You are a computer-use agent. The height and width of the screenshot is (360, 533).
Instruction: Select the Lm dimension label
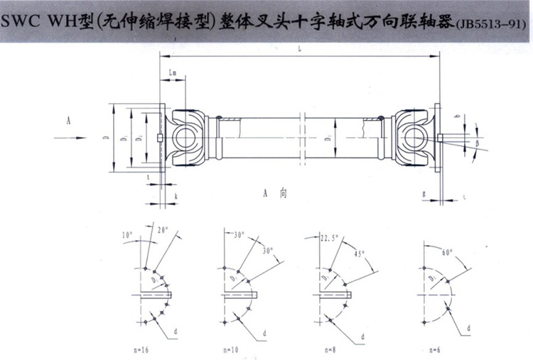coord(174,75)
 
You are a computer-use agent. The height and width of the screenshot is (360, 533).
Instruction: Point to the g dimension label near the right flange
coord(424,192)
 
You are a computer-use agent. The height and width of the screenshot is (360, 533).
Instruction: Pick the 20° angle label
coord(163,230)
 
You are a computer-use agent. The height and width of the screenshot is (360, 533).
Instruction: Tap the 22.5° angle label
coord(328,238)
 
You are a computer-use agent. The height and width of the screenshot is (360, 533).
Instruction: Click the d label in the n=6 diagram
coord(469,328)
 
